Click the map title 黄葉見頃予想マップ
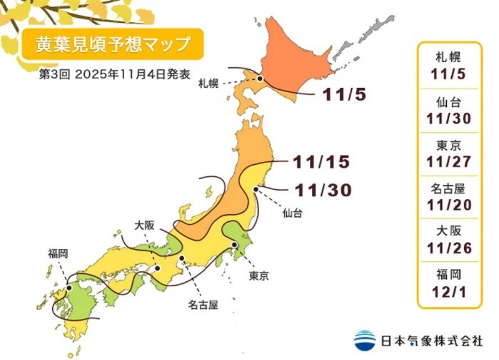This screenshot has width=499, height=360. click(x=112, y=44)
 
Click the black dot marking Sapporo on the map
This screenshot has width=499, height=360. click(x=259, y=79)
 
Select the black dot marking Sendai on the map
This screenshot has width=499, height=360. click(x=256, y=190)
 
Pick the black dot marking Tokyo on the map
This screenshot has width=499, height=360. click(x=235, y=245)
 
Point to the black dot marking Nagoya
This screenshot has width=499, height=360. click(x=181, y=258)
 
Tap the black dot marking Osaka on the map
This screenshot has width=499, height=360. click(x=157, y=268)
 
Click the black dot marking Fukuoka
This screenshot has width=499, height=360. click(x=69, y=288)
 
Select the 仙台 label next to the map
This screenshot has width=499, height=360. click(x=292, y=212)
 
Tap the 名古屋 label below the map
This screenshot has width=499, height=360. click(x=201, y=305)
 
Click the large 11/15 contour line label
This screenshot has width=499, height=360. click(x=322, y=162)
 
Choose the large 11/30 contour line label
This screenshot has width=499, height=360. click(x=323, y=190)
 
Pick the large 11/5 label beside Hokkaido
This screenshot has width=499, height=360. click(x=344, y=95)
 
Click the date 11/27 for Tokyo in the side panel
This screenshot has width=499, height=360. click(x=449, y=161)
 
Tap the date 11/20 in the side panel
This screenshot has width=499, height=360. click(x=449, y=205)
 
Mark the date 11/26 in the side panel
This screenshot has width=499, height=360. click(x=449, y=247)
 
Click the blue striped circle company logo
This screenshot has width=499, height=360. click(x=365, y=339)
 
